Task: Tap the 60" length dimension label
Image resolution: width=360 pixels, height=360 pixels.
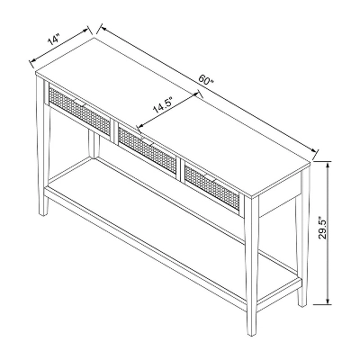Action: (x=206, y=80)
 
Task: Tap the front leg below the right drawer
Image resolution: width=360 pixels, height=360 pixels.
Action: (x=250, y=279)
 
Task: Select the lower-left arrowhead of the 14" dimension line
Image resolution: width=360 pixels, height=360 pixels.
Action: (x=33, y=63)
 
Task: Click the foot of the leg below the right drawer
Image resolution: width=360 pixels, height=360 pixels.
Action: (x=251, y=331)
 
